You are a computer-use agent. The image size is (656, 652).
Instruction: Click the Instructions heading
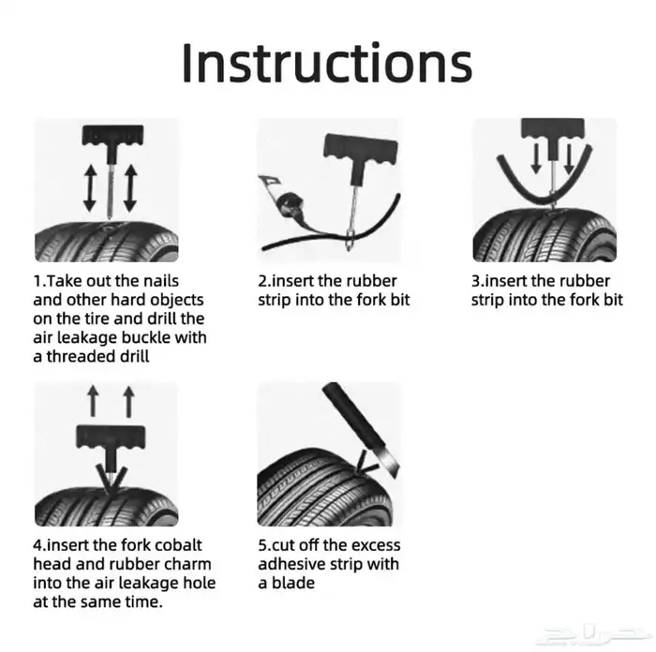(x=327, y=63)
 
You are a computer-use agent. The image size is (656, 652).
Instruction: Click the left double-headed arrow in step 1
(x=90, y=187)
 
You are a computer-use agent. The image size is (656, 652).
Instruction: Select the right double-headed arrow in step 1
(x=130, y=187)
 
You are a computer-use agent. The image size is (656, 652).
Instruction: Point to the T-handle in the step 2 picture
(x=361, y=154)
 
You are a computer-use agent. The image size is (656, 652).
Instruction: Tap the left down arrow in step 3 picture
(x=536, y=158)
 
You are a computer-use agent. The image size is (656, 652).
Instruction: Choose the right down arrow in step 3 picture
(x=569, y=158)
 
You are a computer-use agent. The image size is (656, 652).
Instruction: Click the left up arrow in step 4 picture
(x=93, y=402)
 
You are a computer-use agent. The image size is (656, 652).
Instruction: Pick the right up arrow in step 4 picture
(x=129, y=402)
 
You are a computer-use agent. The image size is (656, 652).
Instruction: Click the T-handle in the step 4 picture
(x=111, y=443)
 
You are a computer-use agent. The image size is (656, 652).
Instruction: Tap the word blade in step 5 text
(x=292, y=583)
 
